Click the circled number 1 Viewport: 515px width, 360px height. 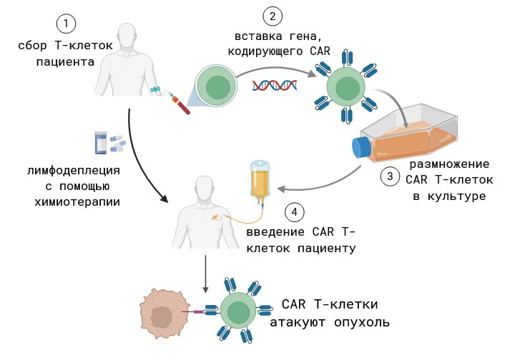[67, 24]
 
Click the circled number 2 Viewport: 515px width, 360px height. [271, 16]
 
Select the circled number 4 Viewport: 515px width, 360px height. [293, 212]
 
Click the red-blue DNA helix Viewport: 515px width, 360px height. [275, 85]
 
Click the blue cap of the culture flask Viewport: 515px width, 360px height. [360, 147]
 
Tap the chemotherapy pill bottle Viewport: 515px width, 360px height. [101, 143]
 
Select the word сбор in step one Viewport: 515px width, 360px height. [33, 46]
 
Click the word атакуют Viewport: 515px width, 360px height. [299, 322]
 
